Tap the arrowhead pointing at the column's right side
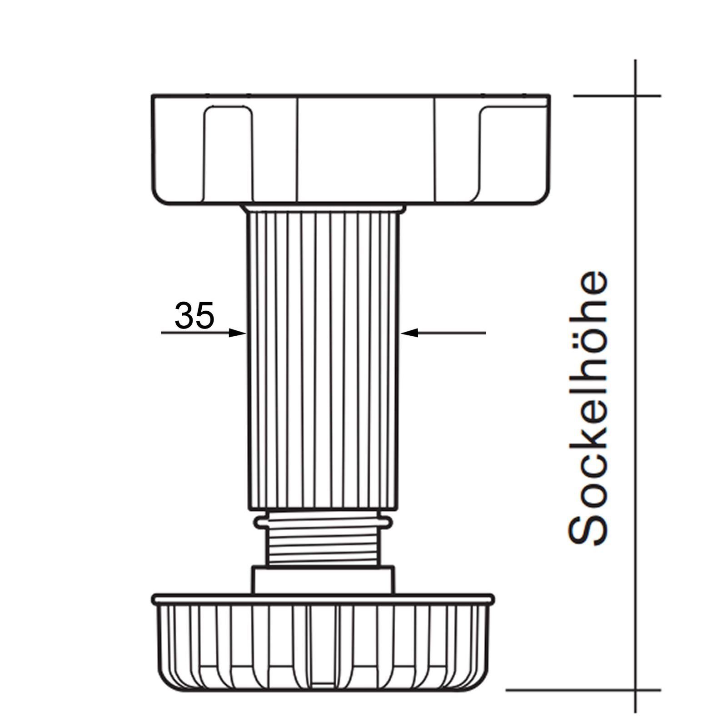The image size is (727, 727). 409,333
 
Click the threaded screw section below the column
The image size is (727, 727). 323,549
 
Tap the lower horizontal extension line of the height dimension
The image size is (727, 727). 582,702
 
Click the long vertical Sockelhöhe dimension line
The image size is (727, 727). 635,409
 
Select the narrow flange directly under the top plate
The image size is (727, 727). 323,209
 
